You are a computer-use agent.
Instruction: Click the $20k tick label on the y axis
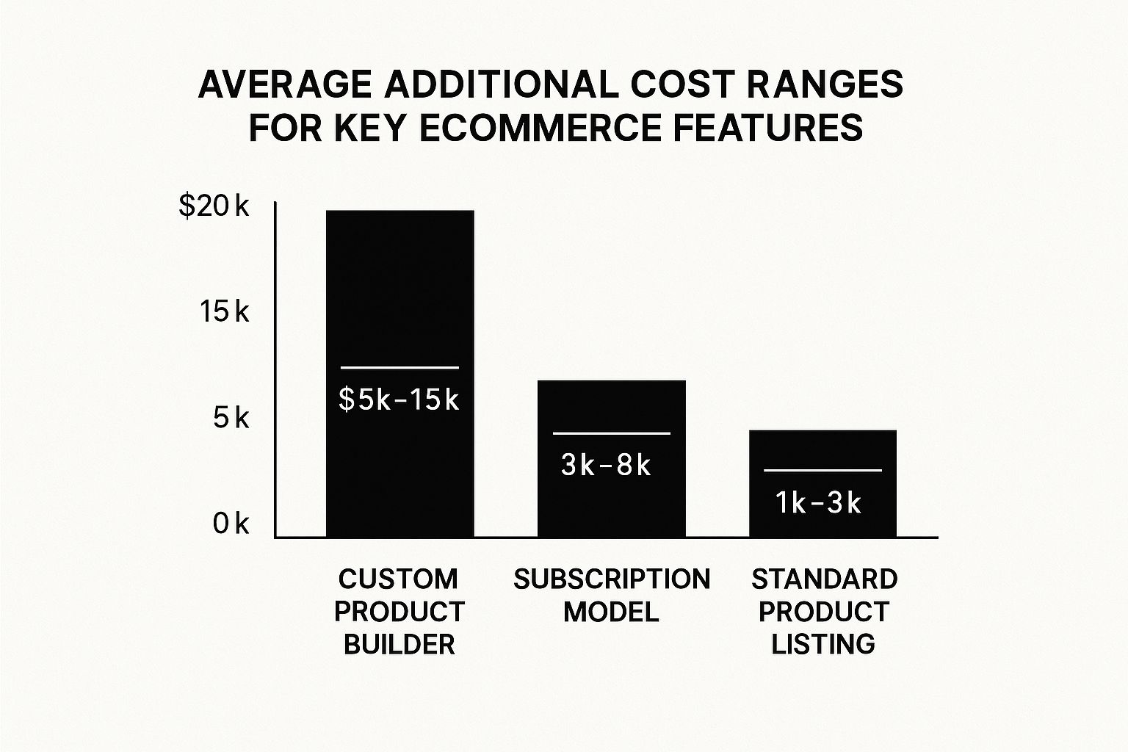point(214,208)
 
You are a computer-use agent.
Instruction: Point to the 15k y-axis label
point(224,313)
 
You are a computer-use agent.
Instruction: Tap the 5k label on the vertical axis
point(231,419)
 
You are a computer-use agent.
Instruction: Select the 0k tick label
point(231,524)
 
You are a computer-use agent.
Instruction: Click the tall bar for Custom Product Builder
point(400,294)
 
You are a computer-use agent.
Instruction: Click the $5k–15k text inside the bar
point(399,400)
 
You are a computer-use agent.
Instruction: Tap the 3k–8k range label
point(606,466)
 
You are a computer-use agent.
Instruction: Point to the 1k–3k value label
point(818,503)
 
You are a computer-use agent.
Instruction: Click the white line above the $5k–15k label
point(399,367)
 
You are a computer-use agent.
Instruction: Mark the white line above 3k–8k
point(611,433)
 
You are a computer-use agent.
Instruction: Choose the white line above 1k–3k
point(822,470)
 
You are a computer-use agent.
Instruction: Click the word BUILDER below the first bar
point(399,645)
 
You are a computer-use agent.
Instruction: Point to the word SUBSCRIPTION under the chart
point(612,579)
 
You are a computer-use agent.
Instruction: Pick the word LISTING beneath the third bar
point(823,645)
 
